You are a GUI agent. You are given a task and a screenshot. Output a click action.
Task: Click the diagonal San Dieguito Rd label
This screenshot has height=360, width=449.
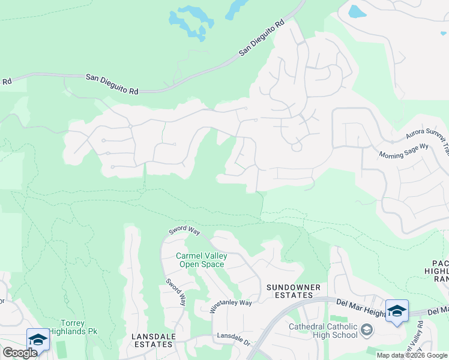tap(262, 40)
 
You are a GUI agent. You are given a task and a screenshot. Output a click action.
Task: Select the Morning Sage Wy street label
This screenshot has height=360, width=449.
tap(403, 155)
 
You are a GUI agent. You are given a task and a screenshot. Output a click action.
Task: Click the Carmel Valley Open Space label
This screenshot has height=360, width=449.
tap(201, 260)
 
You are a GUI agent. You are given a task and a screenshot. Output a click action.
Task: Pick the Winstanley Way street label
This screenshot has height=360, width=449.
tap(231, 306)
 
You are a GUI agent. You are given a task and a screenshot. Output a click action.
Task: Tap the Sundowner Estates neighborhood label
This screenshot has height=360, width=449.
tap(290, 291)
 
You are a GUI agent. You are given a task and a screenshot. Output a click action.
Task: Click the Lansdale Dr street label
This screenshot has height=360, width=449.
tap(234, 339)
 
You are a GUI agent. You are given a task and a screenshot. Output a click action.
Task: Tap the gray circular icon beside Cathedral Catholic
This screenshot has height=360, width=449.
tap(367, 329)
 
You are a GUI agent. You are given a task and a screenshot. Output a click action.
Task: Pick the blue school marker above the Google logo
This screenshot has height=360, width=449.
tap(37, 339)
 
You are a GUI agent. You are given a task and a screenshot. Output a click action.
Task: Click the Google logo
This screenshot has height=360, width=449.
tap(20, 353)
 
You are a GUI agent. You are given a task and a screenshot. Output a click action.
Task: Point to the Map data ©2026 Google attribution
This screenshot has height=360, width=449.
tap(412, 355)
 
